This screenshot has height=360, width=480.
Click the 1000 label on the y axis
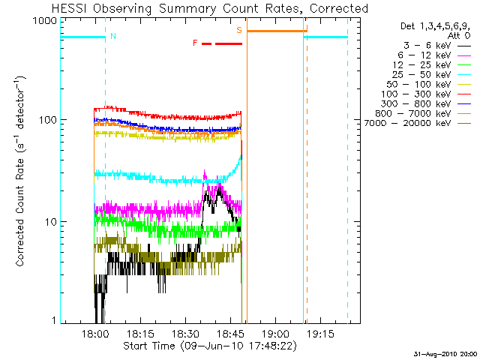point(46,21)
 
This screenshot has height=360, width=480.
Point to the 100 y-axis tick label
point(49,121)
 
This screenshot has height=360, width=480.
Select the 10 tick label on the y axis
point(52,222)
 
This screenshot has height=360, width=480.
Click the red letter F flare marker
point(195,43)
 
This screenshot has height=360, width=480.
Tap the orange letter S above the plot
point(239,31)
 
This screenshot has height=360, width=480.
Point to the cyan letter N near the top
point(112,36)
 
